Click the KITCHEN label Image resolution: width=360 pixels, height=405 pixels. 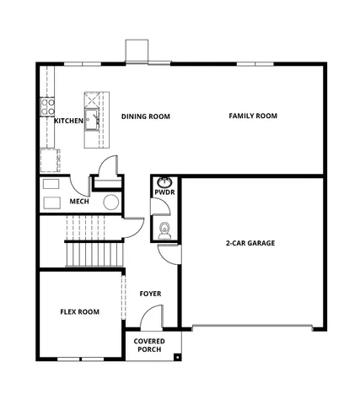68,121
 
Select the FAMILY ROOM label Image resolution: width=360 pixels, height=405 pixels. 253,116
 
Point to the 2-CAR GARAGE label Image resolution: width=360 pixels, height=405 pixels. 250,243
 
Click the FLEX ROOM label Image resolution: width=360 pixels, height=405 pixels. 79,311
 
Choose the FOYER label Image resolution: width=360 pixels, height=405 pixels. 150,294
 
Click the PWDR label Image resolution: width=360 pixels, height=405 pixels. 164,192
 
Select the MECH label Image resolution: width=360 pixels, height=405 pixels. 79,202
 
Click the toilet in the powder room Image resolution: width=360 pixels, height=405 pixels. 164,229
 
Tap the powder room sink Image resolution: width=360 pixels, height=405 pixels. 165,182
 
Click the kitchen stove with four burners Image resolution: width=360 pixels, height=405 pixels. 47,106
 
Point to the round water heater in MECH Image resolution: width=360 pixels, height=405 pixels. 110,202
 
